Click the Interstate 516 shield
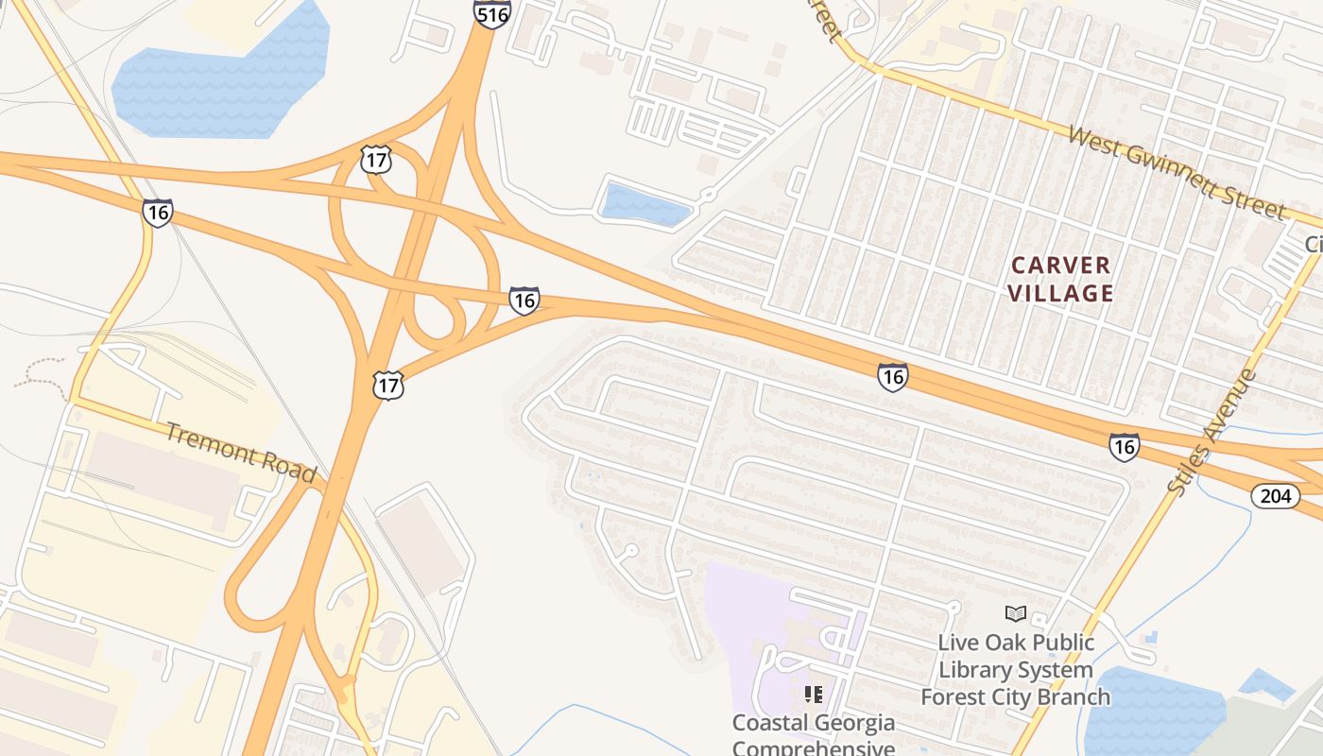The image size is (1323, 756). coord(492,13)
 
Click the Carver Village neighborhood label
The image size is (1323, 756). coord(1060,279)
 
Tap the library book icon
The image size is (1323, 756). coord(1016,614)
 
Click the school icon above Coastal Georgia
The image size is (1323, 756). coord(814,696)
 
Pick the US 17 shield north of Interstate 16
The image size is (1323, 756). coord(376,160)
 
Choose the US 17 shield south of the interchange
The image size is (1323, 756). coord(388,385)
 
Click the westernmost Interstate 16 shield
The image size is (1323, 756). coord(158,213)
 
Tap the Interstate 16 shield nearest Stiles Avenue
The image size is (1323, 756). coord(1124,446)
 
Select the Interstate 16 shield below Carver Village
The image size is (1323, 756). coord(892,376)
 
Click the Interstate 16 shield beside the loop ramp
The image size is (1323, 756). coord(524,301)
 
